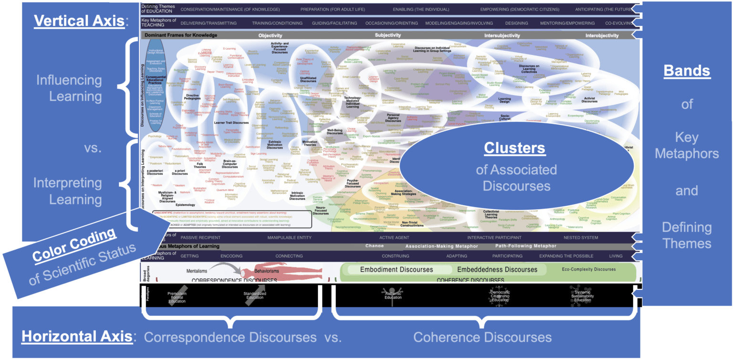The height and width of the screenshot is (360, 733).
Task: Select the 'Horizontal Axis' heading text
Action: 77,337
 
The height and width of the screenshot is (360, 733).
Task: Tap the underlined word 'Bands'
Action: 687,71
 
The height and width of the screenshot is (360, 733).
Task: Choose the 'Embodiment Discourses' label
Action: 397,269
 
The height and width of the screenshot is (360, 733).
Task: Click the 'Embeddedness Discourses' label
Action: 497,269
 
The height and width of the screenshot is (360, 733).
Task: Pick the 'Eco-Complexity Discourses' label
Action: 588,269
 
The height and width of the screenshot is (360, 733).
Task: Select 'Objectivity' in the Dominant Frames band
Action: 270,35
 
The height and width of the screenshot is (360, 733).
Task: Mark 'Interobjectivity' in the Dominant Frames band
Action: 602,35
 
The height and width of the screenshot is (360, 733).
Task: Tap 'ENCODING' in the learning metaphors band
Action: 231,256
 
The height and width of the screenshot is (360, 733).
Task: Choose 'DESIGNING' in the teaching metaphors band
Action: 516,23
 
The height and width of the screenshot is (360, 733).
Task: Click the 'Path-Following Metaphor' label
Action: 525,246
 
